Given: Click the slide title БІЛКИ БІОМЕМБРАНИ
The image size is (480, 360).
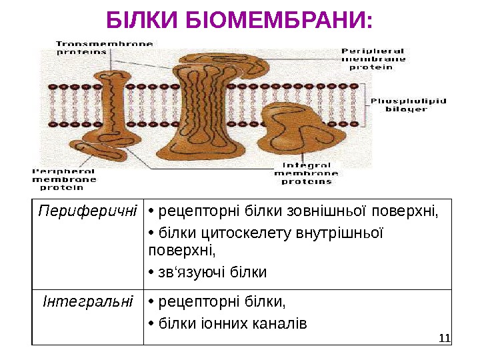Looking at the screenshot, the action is tap(240, 21).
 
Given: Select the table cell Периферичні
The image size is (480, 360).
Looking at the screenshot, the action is tap(87, 212).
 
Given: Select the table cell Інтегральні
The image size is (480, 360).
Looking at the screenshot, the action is tap(87, 303).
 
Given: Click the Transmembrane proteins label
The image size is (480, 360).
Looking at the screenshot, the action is tap(105, 47).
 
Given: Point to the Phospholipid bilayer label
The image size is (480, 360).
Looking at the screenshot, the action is tap(408, 105).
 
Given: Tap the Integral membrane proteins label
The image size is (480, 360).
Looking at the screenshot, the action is tap(307, 173).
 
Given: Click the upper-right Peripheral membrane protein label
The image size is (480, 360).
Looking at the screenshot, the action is tap(373, 58).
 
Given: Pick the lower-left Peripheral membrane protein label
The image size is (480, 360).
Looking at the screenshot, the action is tap(64, 179).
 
